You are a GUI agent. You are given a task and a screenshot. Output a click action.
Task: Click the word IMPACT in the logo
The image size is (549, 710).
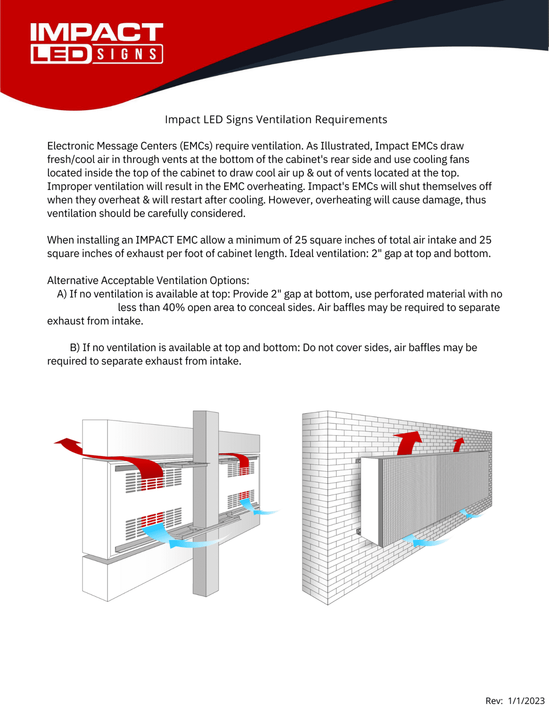click(x=96, y=32)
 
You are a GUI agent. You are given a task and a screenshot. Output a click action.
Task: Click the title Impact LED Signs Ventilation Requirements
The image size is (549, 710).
click(x=276, y=119)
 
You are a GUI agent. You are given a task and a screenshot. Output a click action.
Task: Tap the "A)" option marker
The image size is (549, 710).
click(x=62, y=294)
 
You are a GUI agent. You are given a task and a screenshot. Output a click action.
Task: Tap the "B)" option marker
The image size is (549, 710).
click(x=75, y=347)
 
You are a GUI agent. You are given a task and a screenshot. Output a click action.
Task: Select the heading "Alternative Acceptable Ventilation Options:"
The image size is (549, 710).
click(x=148, y=280)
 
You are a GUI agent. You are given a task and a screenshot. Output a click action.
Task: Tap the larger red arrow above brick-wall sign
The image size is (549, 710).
click(x=409, y=442)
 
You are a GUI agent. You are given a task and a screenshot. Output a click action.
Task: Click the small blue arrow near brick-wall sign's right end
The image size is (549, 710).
click(x=469, y=514)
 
